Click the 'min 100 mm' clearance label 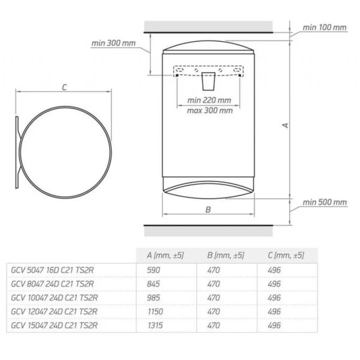click(x=324, y=27)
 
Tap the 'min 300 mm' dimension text click(x=114, y=43)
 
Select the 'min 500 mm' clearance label click(x=324, y=202)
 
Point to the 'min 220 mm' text click(x=209, y=100)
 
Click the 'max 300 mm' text click(x=209, y=110)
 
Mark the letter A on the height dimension click(x=286, y=125)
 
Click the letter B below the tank click(x=208, y=210)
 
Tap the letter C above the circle click(x=64, y=88)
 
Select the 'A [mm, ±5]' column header click(x=165, y=255)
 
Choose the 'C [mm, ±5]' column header click(x=285, y=255)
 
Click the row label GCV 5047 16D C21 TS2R click(x=53, y=270)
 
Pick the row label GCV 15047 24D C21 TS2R click(x=54, y=325)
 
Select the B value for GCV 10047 click(x=213, y=298)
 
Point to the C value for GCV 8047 click(x=274, y=284)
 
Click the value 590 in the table click(x=153, y=270)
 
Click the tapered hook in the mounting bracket click(x=208, y=81)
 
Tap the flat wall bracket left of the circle click(x=17, y=153)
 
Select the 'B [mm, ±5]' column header click(x=226, y=255)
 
